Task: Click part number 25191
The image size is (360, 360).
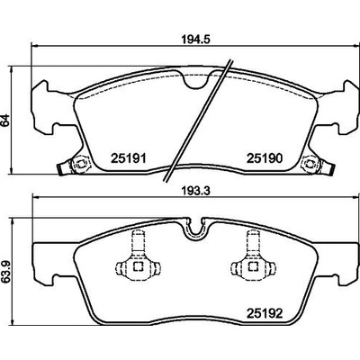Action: click(x=129, y=158)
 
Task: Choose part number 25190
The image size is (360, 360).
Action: click(x=265, y=158)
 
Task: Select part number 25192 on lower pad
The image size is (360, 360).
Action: click(x=265, y=314)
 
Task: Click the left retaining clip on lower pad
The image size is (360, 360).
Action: click(x=138, y=258)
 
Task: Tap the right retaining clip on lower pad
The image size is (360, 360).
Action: click(x=253, y=258)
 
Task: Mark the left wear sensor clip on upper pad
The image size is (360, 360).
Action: click(x=75, y=165)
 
